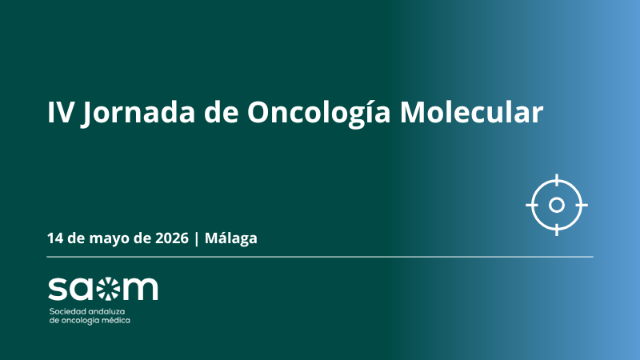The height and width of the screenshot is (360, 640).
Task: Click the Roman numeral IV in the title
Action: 62,112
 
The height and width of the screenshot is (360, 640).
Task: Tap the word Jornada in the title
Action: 138,114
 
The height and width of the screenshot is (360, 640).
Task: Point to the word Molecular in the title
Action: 471,111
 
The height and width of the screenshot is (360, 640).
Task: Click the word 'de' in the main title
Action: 222,111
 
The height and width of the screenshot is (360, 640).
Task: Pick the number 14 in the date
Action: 54,238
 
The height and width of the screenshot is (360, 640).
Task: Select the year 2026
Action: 172,238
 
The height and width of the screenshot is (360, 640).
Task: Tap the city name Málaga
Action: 231,238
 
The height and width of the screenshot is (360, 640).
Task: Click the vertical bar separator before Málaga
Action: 197,238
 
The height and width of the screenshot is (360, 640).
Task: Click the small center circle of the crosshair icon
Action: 557,205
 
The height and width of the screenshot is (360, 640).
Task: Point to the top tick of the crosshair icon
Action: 557,179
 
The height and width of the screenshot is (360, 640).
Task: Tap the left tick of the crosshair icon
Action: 531,205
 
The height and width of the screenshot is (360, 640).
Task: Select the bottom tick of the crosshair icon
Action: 557,230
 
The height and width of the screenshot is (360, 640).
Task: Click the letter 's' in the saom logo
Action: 58,289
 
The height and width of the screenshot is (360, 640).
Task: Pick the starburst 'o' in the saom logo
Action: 109,289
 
